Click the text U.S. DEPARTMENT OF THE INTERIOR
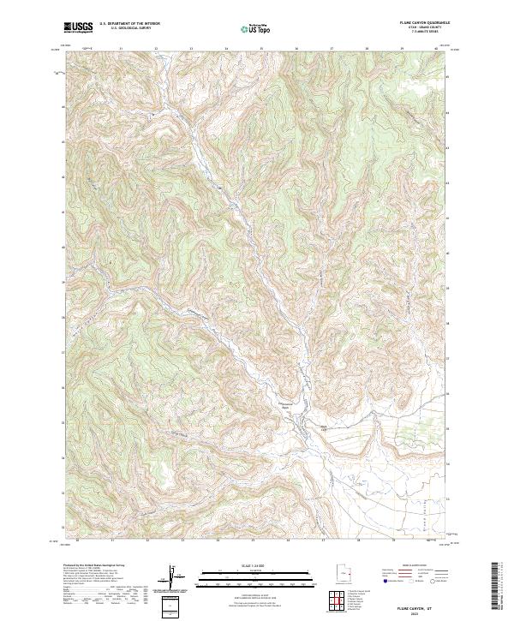click(x=129, y=24)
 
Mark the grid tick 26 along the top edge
click(x=296, y=50)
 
